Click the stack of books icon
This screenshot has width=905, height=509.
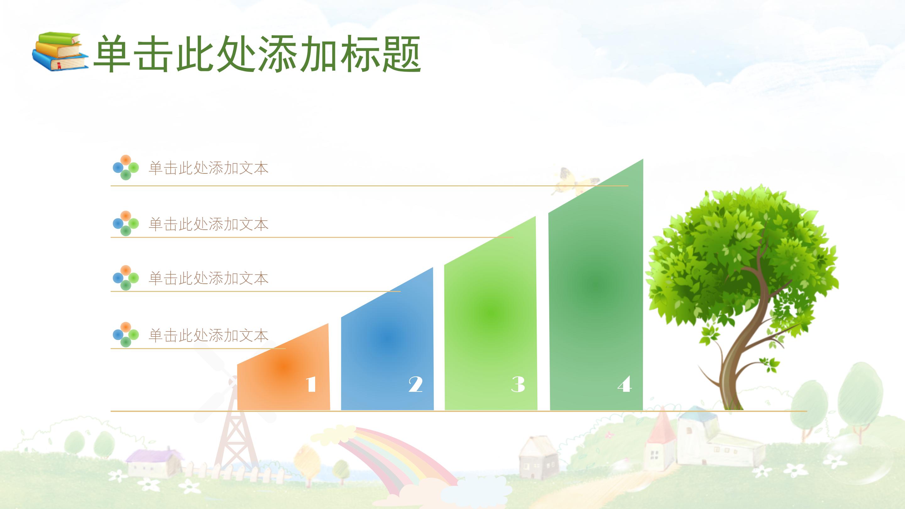(60, 52)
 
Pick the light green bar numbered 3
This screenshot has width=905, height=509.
(491, 323)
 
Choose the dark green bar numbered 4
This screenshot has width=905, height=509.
(596, 295)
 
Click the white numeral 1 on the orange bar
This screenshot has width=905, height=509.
(311, 384)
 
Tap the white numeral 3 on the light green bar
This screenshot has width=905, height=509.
(518, 384)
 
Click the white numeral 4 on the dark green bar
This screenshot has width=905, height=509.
(625, 384)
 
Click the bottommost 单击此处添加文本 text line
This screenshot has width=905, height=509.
(209, 336)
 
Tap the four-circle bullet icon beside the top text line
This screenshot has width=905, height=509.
(126, 167)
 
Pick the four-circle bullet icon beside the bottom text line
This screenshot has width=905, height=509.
(126, 335)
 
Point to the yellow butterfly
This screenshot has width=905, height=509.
(573, 181)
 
